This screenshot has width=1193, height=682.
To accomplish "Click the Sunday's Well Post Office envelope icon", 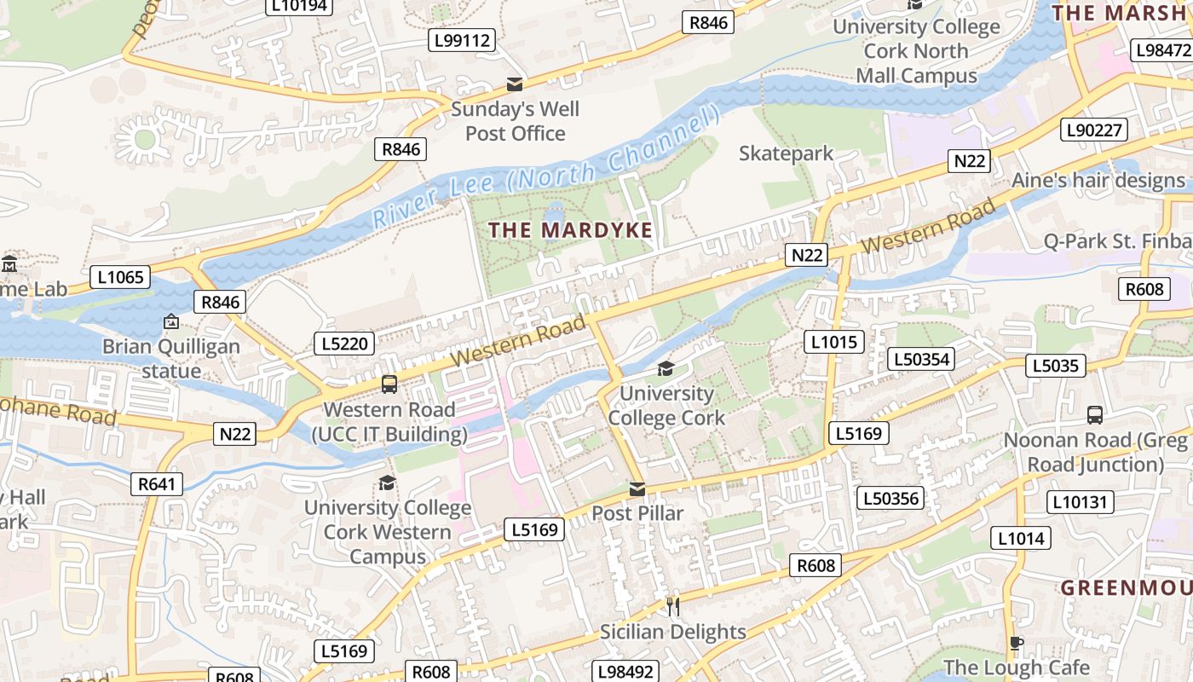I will [x=515, y=84].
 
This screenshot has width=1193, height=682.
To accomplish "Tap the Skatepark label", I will [x=786, y=153].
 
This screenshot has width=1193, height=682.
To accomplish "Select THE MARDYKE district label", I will [x=571, y=230].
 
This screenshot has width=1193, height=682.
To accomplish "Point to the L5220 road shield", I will [x=345, y=344].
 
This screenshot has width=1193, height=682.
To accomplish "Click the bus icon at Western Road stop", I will [x=389, y=384].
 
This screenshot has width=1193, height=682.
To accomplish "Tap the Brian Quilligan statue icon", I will [x=171, y=321].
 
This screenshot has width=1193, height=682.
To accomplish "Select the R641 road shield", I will [x=158, y=485].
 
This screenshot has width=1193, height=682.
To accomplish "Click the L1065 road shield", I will [x=120, y=277].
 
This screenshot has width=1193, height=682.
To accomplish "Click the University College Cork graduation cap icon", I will [x=666, y=368].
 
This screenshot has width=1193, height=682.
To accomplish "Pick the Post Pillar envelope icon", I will [x=637, y=489].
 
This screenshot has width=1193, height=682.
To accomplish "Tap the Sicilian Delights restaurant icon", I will [x=673, y=606].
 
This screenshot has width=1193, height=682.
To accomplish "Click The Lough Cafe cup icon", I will [x=1016, y=643].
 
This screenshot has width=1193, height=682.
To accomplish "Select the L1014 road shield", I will [x=1021, y=538].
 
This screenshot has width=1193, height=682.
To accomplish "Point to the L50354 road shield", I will [x=921, y=359].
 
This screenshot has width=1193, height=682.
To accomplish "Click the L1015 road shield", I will [x=834, y=343].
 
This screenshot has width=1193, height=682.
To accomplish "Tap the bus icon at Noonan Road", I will [x=1095, y=415].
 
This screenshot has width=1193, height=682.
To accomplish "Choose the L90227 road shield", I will [x=1094, y=130].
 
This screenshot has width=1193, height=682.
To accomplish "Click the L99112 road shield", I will [x=462, y=40].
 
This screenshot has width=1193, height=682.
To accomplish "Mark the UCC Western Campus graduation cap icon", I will [x=388, y=483].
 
